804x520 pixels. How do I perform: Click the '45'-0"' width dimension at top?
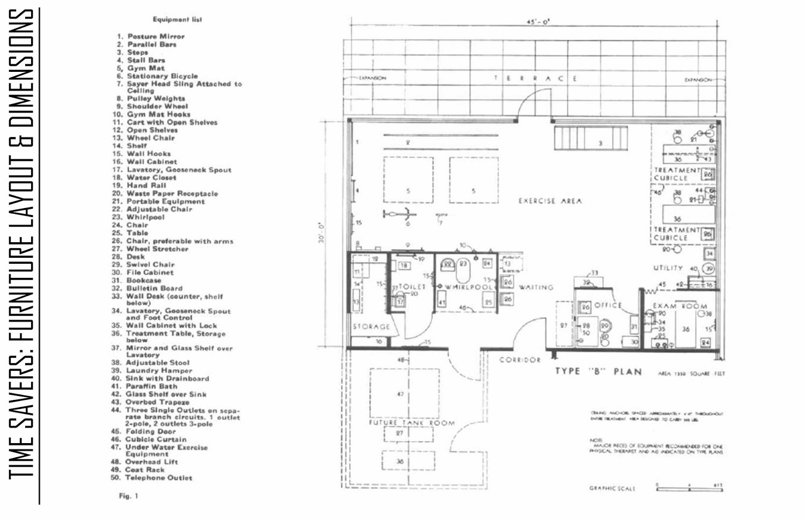tap(538, 22)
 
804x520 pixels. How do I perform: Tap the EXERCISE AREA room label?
tap(550, 201)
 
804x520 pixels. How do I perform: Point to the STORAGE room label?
tap(371, 327)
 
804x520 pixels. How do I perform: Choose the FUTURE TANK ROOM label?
tap(412, 423)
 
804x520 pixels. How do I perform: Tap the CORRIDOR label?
tap(520, 360)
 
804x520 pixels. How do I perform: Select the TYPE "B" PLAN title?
tap(598, 372)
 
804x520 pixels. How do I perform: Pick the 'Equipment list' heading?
tap(177, 20)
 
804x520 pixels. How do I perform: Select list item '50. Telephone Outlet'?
tap(151, 478)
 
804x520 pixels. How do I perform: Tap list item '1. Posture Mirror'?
tap(151, 37)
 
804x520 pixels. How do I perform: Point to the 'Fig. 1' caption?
tap(128, 496)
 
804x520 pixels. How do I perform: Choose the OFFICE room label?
tap(608, 305)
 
